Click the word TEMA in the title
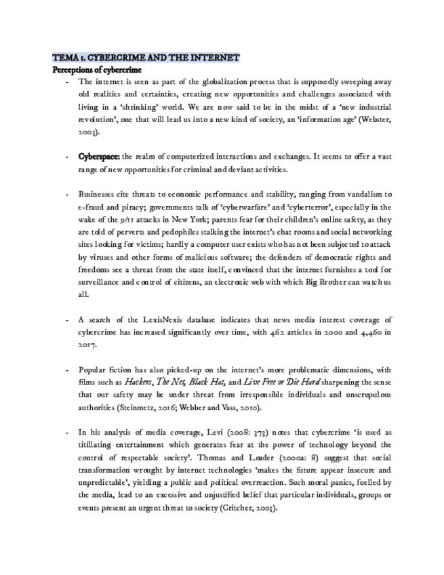tap(65, 58)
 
